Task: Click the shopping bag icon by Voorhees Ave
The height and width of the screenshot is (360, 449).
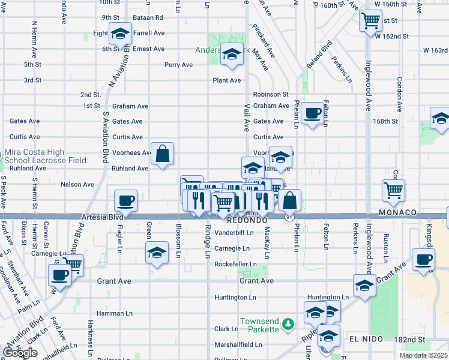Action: [162, 154]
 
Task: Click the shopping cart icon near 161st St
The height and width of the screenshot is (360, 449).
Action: [370, 20]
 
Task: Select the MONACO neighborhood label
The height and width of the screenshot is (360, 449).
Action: [397, 213]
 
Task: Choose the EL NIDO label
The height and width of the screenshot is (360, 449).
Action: [363, 339]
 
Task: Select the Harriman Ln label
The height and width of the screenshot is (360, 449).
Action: [113, 313]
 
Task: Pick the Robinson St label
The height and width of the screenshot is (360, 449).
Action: [271, 94]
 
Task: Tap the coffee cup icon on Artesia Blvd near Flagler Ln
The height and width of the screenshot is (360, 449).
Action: [125, 200]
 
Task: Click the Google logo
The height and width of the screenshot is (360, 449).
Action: [20, 353]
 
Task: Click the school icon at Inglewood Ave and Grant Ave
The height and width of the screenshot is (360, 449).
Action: [364, 286]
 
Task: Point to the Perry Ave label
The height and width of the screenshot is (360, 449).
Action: [178, 64]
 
